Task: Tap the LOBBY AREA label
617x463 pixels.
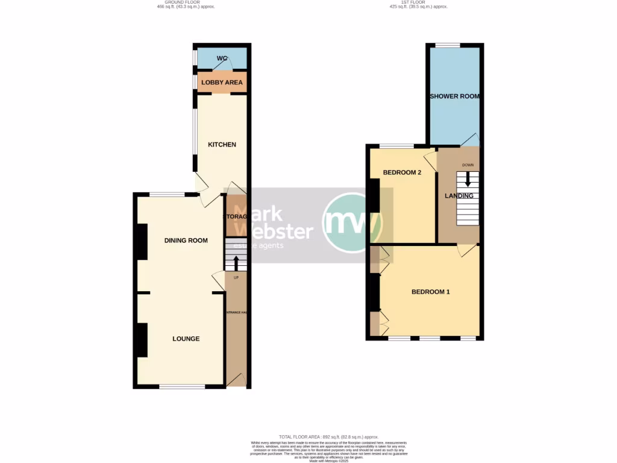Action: tap(222, 83)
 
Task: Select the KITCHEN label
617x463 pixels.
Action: tap(222, 145)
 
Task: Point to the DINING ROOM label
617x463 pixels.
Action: tap(186, 241)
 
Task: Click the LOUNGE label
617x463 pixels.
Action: tap(186, 339)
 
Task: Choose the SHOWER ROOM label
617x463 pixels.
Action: tap(454, 96)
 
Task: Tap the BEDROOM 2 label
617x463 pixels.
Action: tap(402, 173)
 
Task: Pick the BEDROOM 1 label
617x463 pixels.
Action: tap(430, 292)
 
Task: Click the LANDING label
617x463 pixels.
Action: tap(459, 196)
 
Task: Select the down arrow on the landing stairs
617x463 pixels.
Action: tap(467, 179)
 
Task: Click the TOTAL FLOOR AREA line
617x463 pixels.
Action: tap(328, 436)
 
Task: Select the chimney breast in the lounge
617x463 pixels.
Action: tap(142, 339)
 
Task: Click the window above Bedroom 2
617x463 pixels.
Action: tap(396, 146)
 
